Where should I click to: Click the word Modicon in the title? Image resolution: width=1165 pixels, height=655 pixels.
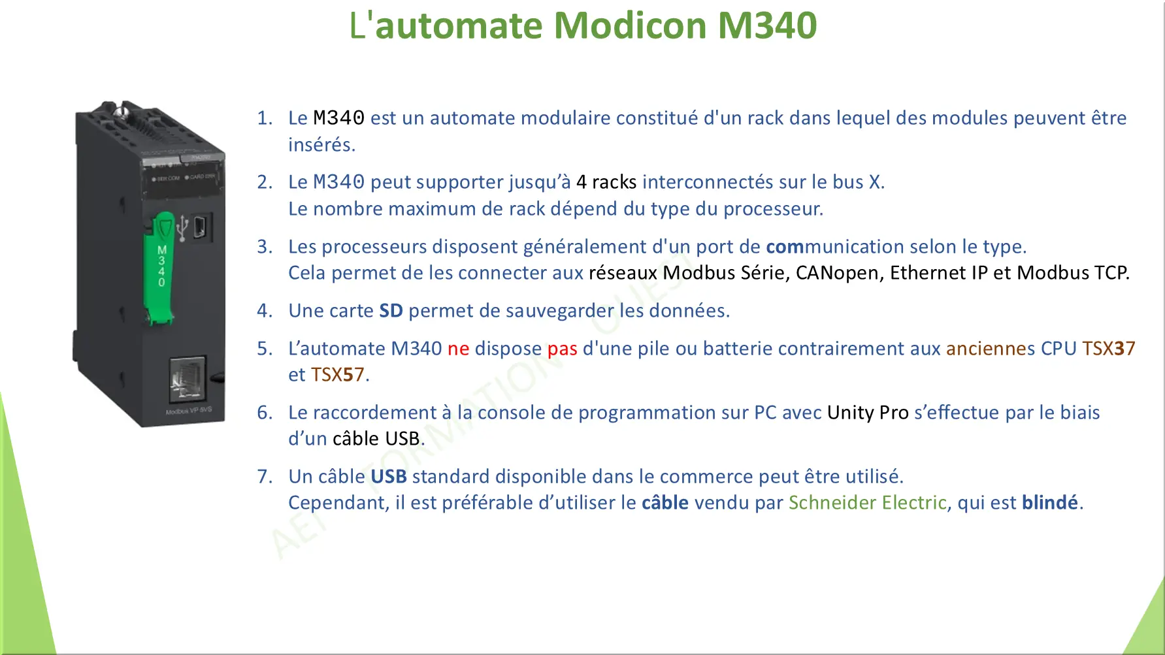click(631, 25)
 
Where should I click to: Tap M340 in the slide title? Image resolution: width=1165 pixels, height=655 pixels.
click(767, 25)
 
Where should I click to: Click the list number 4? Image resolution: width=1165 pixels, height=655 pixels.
click(265, 310)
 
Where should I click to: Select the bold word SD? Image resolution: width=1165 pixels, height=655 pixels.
click(391, 310)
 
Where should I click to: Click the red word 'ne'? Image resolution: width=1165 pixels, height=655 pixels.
click(458, 349)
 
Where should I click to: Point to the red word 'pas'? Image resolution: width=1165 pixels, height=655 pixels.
click(562, 349)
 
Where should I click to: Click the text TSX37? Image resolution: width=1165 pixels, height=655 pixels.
click(1108, 348)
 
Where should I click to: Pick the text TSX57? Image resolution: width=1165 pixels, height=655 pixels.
click(337, 374)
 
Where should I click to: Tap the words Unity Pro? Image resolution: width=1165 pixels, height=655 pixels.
click(868, 412)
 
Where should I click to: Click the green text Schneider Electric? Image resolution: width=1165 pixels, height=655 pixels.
click(867, 502)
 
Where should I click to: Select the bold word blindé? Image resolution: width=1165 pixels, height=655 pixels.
click(1049, 502)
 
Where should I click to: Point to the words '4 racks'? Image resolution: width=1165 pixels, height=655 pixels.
click(606, 182)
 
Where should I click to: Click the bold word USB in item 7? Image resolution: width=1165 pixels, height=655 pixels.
click(389, 476)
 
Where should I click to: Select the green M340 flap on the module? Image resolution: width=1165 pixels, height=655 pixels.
click(161, 268)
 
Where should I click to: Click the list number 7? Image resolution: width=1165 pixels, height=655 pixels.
click(265, 476)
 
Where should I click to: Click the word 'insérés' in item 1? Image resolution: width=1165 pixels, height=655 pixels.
click(321, 144)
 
